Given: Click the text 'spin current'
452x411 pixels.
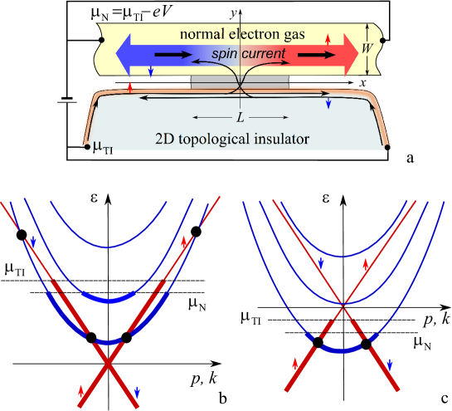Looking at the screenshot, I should [x=249, y=53].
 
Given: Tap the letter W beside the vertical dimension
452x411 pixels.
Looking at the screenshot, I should [x=367, y=48].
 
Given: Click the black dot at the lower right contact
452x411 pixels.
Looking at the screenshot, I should [x=387, y=147].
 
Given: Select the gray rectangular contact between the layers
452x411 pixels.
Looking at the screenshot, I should [x=241, y=82].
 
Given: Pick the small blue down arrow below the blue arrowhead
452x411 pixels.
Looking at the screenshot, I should [x=150, y=71].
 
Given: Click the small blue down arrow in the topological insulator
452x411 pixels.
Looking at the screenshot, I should [x=328, y=103].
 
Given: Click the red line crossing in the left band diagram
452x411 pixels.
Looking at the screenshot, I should [x=109, y=360].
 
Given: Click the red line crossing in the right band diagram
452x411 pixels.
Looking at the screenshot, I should [x=342, y=305].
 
